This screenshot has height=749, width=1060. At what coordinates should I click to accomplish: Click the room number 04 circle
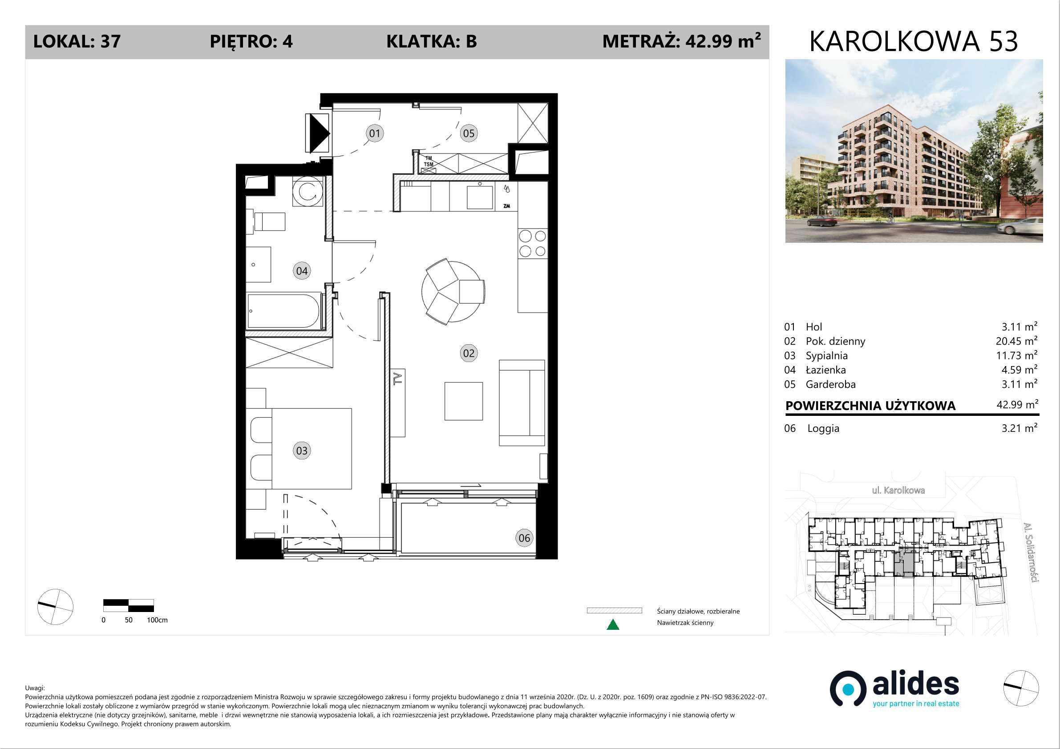[302, 271]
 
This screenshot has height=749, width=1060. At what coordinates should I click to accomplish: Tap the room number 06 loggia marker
[524, 538]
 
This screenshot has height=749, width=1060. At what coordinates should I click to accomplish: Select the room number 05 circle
[469, 133]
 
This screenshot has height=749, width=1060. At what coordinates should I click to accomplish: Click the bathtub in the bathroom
[283, 311]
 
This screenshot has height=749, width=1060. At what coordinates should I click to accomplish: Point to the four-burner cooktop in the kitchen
[532, 244]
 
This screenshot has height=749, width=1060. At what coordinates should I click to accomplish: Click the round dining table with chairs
[453, 291]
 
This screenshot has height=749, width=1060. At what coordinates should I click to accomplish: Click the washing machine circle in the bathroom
[307, 192]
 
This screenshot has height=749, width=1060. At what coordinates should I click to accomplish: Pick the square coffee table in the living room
[464, 401]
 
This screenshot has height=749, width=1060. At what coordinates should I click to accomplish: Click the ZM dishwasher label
[507, 206]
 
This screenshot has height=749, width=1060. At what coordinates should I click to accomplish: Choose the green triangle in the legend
[613, 624]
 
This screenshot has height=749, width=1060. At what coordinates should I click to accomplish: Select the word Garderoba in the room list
[830, 384]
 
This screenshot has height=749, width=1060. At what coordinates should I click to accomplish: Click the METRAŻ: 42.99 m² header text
[681, 41]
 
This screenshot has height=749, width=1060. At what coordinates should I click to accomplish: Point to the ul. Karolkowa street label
[898, 490]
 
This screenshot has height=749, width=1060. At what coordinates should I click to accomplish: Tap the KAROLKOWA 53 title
[913, 41]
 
